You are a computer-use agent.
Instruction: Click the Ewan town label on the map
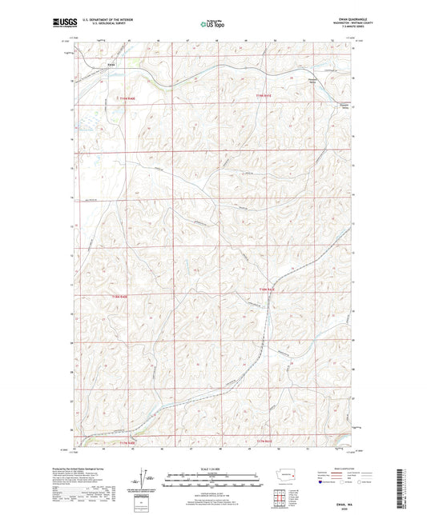point(112,64)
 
